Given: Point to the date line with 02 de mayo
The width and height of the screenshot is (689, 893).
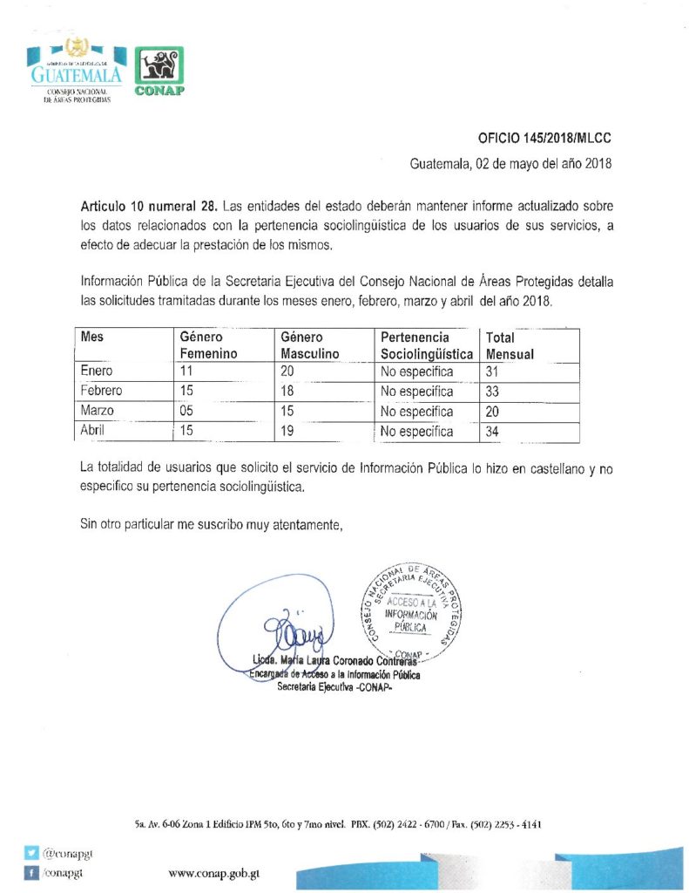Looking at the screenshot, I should point(512,163).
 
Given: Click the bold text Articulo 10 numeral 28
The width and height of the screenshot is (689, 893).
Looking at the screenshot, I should point(149,208).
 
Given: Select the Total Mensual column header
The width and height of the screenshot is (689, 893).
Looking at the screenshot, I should point(510,345).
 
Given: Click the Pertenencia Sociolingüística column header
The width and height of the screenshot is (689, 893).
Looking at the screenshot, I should point(427,345).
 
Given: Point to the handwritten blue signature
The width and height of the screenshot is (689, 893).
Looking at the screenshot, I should point(292,624).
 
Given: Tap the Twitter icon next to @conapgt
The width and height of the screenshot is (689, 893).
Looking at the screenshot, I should point(31,855).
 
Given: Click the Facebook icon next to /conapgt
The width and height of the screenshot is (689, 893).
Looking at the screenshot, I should point(31,872).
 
